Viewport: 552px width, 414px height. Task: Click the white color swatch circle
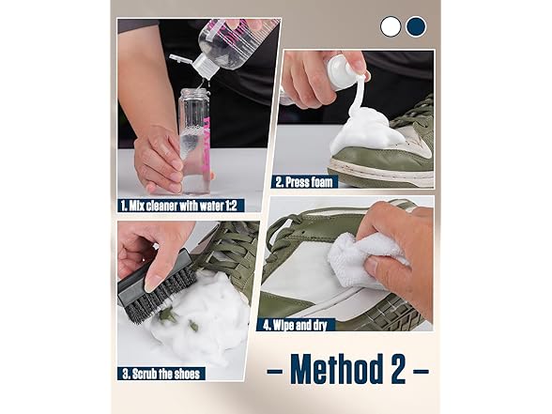[x=391, y=26]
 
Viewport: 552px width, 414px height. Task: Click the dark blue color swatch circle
[x=415, y=26]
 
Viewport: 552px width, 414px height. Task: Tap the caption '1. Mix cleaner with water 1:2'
[x=186, y=201]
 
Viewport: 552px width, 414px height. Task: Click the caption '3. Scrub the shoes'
[x=161, y=374]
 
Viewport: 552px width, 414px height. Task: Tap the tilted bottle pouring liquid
[x=235, y=42]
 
